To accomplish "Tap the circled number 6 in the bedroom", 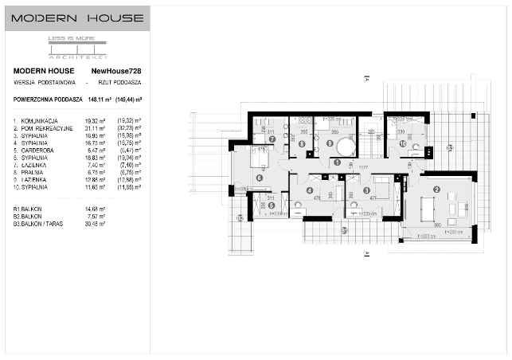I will click(x=260, y=178).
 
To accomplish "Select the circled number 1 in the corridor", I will click(x=338, y=162).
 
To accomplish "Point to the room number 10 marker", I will click(x=403, y=143).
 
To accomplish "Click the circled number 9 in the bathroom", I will click(x=330, y=143).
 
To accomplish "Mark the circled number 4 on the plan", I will click(x=310, y=190).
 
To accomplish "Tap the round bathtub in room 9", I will click(x=344, y=148).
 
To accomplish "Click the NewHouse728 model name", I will click(x=119, y=71).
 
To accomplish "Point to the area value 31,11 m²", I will click(x=96, y=127).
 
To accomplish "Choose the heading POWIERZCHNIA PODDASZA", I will click(x=47, y=100).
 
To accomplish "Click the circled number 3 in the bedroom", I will click(x=366, y=190).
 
